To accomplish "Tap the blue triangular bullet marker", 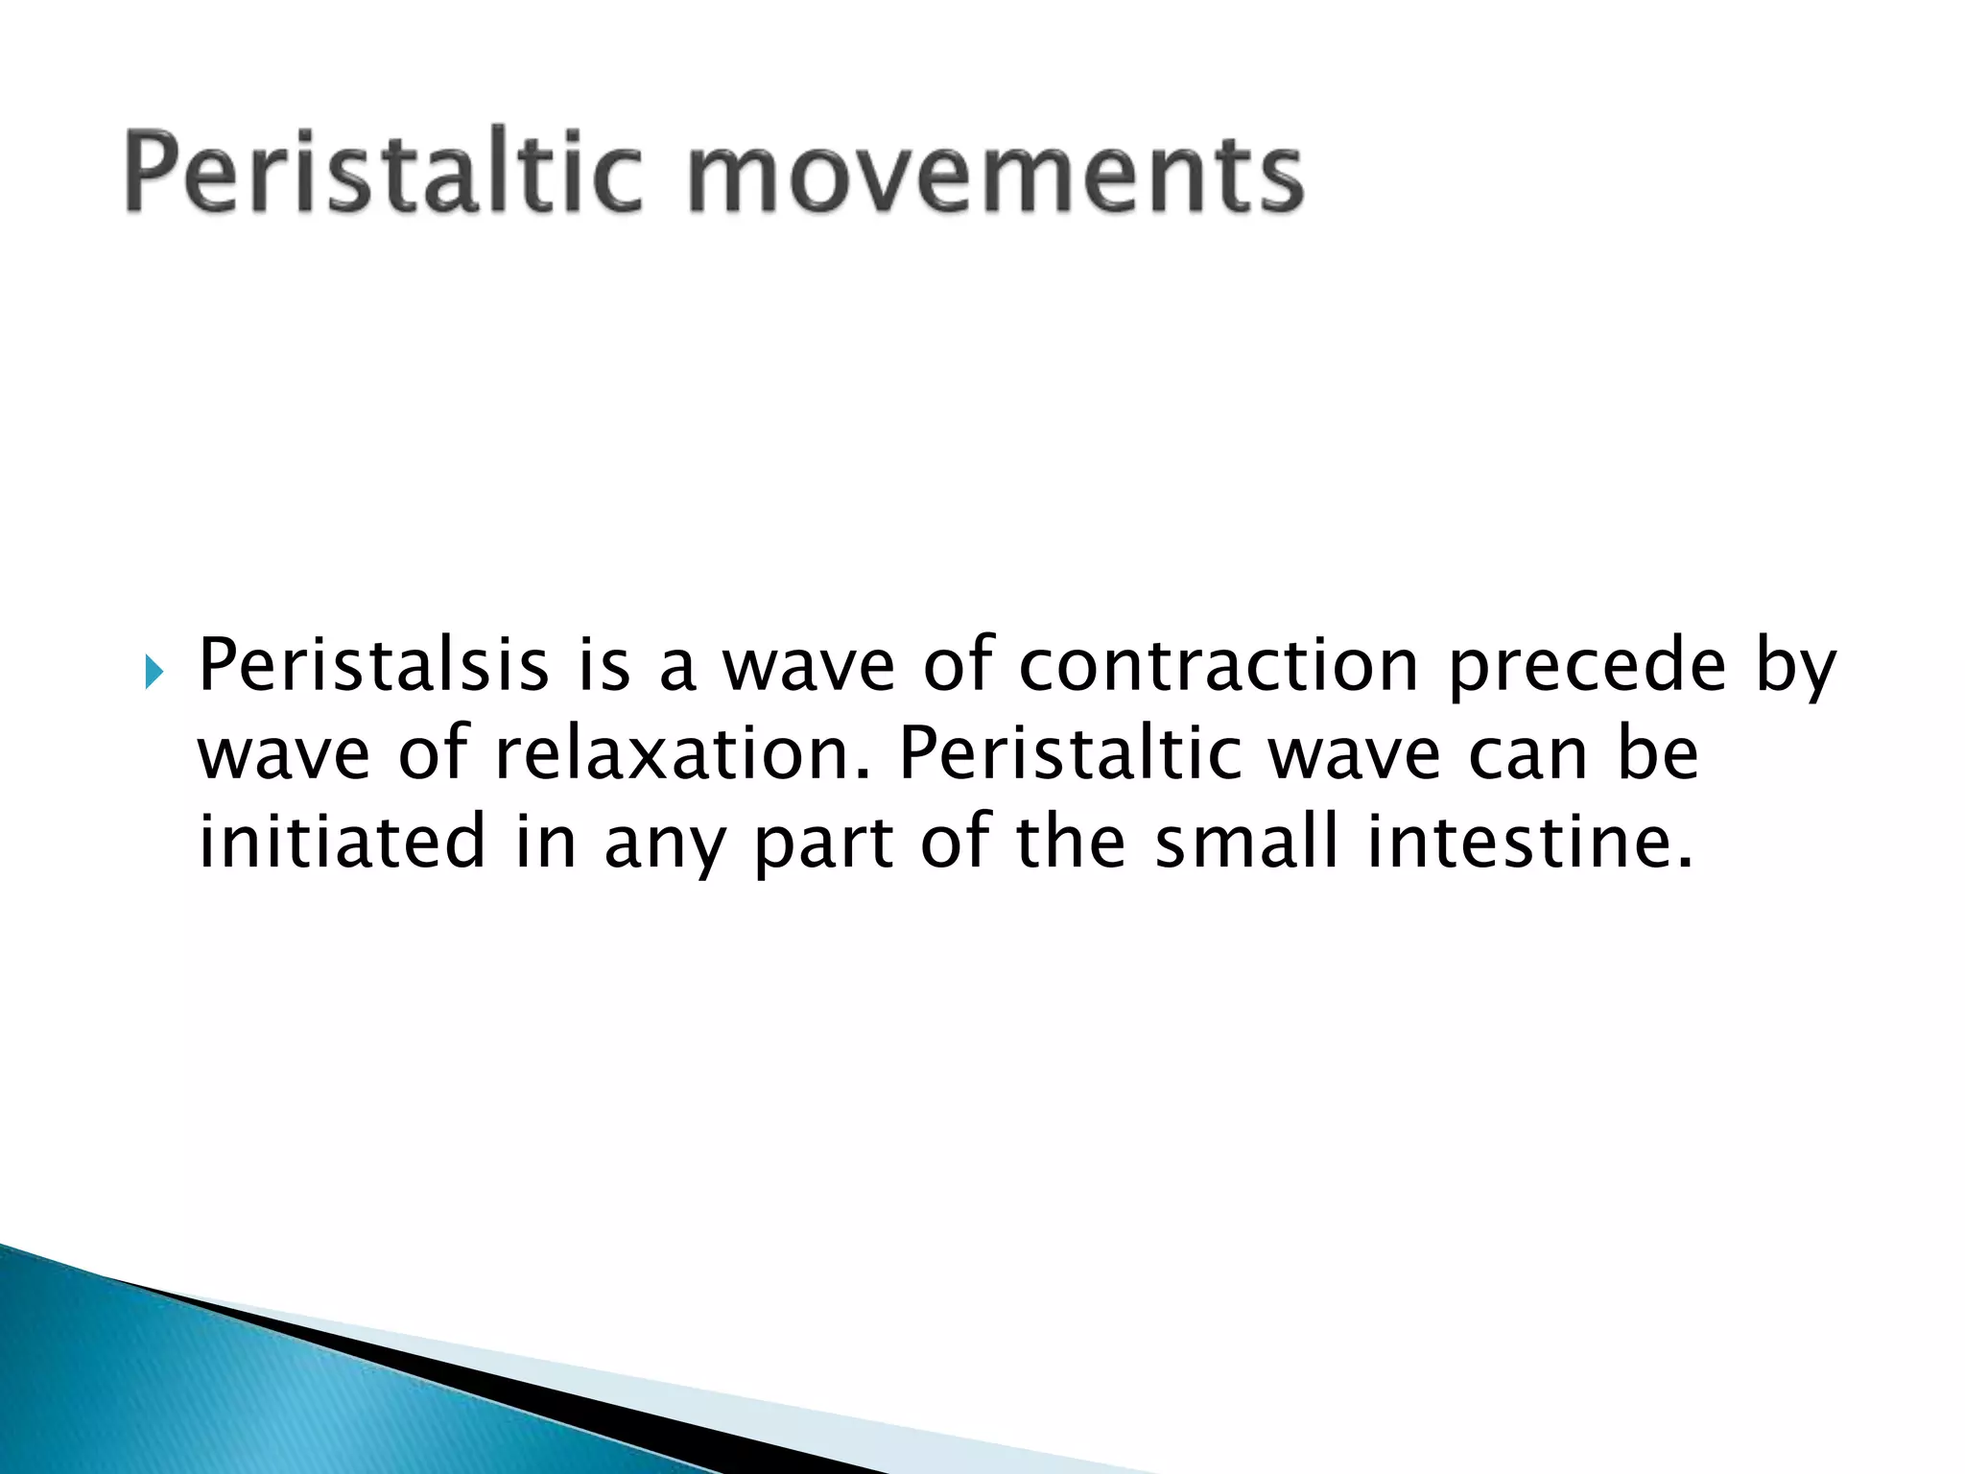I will [154, 673].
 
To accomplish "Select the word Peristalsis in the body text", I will [373, 665].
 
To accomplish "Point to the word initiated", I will [342, 842].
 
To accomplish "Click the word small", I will [1245, 842].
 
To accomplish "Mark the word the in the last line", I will [1070, 842].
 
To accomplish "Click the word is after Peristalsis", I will [604, 665].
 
